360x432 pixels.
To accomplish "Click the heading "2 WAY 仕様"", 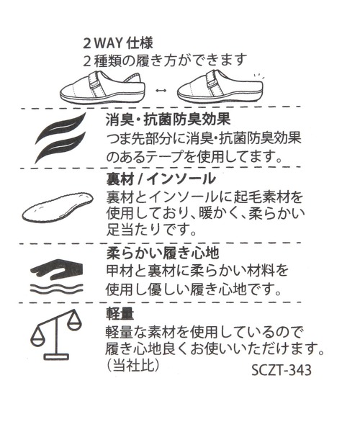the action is [x=118, y=43].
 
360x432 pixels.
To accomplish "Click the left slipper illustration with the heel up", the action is [x=102, y=87].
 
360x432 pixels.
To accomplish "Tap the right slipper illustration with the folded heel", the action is [x=220, y=88].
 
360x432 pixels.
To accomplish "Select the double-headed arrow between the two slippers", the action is [x=161, y=91].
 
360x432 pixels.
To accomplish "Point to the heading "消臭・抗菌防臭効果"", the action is [x=168, y=120].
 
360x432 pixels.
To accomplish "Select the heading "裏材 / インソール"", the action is [x=161, y=179].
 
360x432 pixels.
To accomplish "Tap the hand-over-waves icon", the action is [x=56, y=276].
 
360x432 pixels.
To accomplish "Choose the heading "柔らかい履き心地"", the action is [x=163, y=253].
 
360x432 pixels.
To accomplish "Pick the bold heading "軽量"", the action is [x=120, y=313].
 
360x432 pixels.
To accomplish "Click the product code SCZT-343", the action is [x=282, y=370].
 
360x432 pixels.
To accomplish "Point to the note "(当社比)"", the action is [x=132, y=366].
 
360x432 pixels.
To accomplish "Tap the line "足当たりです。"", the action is [x=151, y=230].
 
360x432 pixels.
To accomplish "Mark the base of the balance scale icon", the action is [x=56, y=357].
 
